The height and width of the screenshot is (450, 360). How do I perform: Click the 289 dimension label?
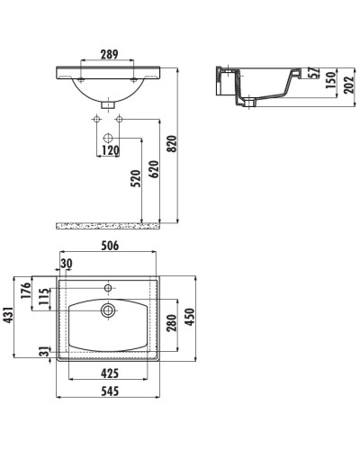[109, 54]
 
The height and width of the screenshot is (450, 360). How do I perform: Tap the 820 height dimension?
[172, 144]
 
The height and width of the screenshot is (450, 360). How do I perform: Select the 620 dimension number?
[154, 169]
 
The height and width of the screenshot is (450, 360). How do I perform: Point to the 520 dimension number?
[136, 178]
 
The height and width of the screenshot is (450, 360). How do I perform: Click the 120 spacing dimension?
[110, 150]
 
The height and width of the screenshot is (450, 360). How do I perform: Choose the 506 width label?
[110, 246]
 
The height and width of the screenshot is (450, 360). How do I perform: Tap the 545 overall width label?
[110, 391]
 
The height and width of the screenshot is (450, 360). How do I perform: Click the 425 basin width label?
[110, 373]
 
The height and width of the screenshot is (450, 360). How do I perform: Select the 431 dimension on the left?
[9, 315]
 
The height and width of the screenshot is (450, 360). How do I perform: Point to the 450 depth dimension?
[190, 317]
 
